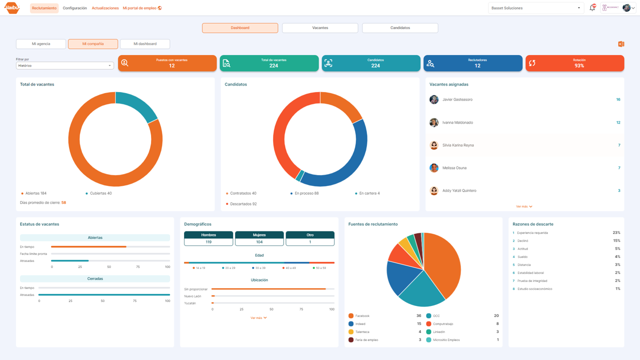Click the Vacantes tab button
pyautogui.click(x=320, y=28)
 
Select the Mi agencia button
pyautogui.click(x=41, y=44)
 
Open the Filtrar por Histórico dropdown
pyautogui.click(x=65, y=65)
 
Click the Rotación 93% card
pyautogui.click(x=574, y=63)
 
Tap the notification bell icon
pyautogui.click(x=592, y=8)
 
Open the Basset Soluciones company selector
pyautogui.click(x=536, y=8)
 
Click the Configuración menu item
pyautogui.click(x=74, y=8)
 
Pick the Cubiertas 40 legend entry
pyautogui.click(x=100, y=193)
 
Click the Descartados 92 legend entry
pyautogui.click(x=243, y=204)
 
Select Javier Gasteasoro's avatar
pyautogui.click(x=434, y=99)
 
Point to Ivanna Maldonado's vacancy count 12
pyautogui.click(x=618, y=122)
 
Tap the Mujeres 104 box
pyautogui.click(x=259, y=238)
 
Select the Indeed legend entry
pyautogui.click(x=360, y=324)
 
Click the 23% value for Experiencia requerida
pyautogui.click(x=616, y=233)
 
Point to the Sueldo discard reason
pyautogui.click(x=522, y=257)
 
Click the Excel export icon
pyautogui.click(x=621, y=44)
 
